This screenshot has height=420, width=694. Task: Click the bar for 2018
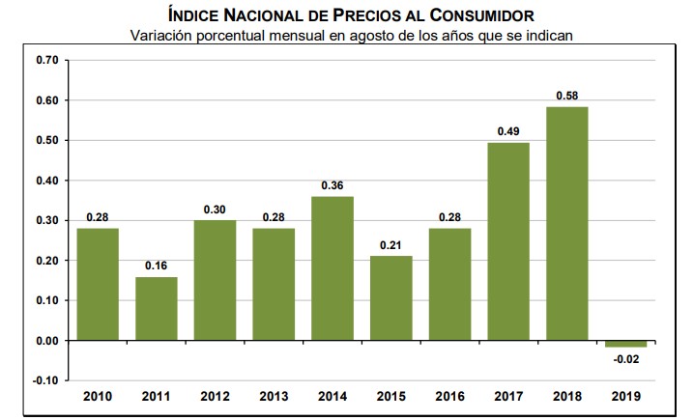[x=566, y=224]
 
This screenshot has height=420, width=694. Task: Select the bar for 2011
[x=156, y=309]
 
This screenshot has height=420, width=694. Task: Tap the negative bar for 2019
[x=625, y=344]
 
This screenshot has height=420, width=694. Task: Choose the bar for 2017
[x=507, y=241]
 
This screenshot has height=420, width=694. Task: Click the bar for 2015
[x=390, y=298]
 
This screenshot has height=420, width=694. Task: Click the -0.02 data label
[x=626, y=360]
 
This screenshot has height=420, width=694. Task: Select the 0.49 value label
[x=507, y=131]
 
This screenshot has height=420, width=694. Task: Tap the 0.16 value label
[x=156, y=266]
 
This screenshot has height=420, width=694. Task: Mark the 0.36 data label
[x=332, y=184]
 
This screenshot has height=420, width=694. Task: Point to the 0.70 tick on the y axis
[x=46, y=60]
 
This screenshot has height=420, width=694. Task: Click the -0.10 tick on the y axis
[x=44, y=380]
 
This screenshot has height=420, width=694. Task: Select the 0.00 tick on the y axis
[x=46, y=341]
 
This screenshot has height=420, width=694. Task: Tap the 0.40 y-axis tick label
[x=46, y=181]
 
